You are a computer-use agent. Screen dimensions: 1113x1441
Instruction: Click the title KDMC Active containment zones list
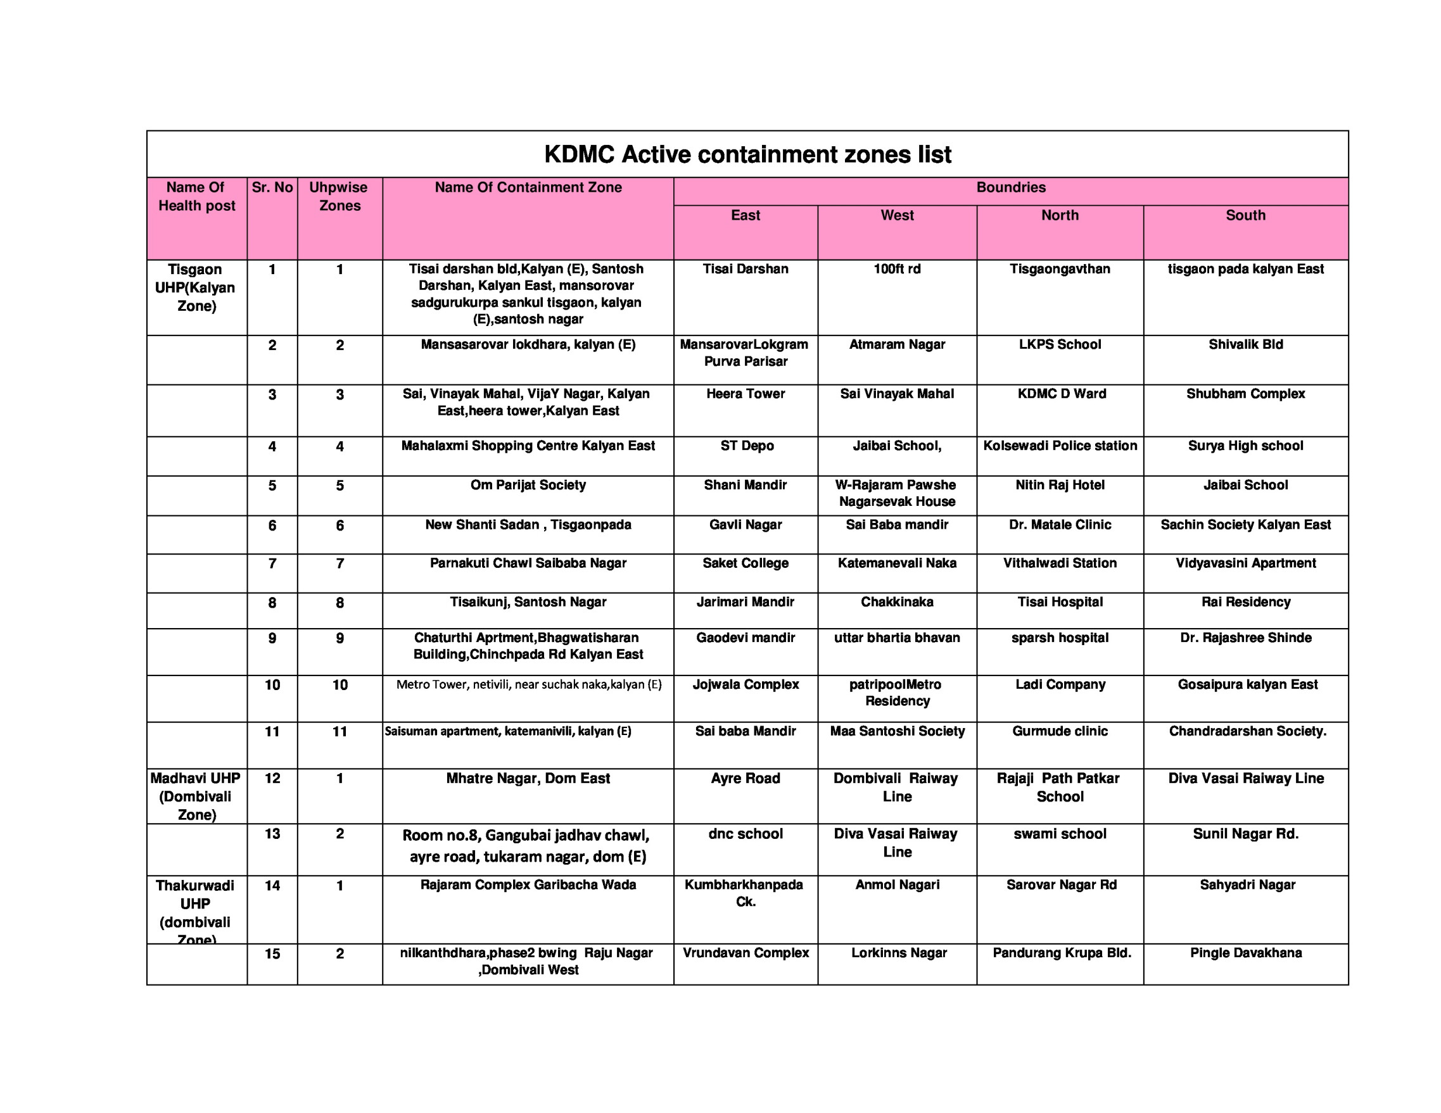pyautogui.click(x=747, y=154)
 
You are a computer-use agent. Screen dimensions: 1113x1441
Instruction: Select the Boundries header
pyautogui.click(x=1010, y=187)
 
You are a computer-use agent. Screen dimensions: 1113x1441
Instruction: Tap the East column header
pyautogui.click(x=745, y=215)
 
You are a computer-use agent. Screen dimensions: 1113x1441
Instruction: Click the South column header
pyautogui.click(x=1245, y=215)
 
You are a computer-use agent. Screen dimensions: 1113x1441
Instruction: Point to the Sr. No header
pyautogui.click(x=272, y=187)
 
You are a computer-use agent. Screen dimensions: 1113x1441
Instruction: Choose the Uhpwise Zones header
pyautogui.click(x=339, y=196)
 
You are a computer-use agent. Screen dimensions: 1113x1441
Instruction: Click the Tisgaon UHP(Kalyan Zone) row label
pyautogui.click(x=196, y=287)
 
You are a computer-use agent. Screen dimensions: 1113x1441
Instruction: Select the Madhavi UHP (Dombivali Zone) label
pyautogui.click(x=196, y=796)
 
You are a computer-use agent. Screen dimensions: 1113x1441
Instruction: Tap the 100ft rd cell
pyautogui.click(x=897, y=269)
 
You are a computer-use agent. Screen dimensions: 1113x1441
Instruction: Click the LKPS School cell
pyautogui.click(x=1060, y=344)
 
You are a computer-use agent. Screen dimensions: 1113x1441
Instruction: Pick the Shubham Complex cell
pyautogui.click(x=1245, y=394)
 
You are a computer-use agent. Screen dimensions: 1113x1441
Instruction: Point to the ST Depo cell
pyautogui.click(x=746, y=446)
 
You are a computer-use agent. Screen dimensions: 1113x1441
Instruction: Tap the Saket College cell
pyautogui.click(x=745, y=563)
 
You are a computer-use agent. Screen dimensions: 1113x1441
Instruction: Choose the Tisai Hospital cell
pyautogui.click(x=1060, y=601)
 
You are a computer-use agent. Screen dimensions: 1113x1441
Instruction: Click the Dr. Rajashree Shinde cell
pyautogui.click(x=1245, y=638)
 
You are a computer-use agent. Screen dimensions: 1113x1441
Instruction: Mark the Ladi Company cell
pyautogui.click(x=1060, y=684)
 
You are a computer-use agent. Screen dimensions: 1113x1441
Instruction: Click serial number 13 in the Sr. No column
pyautogui.click(x=272, y=833)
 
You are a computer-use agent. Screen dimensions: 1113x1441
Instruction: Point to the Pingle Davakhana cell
pyautogui.click(x=1245, y=953)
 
